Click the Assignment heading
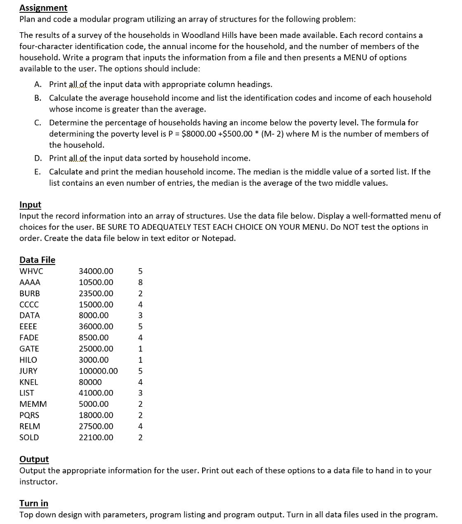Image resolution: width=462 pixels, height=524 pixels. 43,8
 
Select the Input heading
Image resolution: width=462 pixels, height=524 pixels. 30,204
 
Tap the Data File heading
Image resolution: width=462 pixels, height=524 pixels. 37,259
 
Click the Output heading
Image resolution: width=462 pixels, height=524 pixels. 34,459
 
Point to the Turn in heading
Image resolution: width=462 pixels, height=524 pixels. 34,503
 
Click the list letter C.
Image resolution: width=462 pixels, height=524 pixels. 38,123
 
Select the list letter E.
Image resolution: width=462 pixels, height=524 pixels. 37,172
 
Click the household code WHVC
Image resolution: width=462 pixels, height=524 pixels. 31,271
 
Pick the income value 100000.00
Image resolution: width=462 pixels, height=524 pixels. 98,371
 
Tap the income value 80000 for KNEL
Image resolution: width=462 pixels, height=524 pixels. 90,382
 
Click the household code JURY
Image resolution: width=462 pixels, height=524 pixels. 28,371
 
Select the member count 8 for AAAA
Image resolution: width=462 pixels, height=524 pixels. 140,282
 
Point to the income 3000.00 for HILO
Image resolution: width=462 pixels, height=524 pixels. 94,360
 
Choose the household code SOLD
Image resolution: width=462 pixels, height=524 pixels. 29,438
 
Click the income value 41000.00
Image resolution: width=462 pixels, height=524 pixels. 96,393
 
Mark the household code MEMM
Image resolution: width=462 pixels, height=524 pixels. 33,404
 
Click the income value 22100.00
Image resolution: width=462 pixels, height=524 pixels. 96,438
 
